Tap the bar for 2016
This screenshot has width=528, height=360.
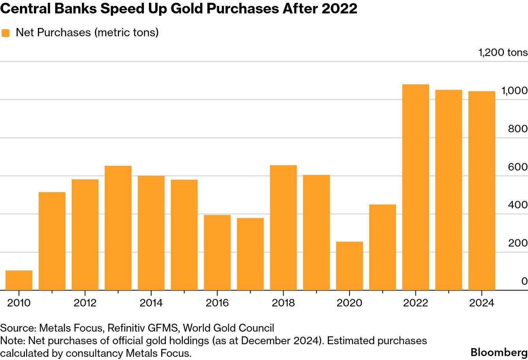(x=217, y=253)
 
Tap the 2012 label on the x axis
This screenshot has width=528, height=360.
(x=85, y=303)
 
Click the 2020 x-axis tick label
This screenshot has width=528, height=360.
(x=349, y=303)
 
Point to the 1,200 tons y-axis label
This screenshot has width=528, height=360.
(x=503, y=52)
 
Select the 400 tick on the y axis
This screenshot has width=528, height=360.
(x=517, y=205)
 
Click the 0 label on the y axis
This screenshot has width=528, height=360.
(x=524, y=281)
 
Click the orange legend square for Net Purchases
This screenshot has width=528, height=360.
(x=6, y=33)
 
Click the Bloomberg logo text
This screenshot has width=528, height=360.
(x=499, y=352)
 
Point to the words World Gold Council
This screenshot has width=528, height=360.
(x=228, y=328)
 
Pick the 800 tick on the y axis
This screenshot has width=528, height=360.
(x=517, y=129)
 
